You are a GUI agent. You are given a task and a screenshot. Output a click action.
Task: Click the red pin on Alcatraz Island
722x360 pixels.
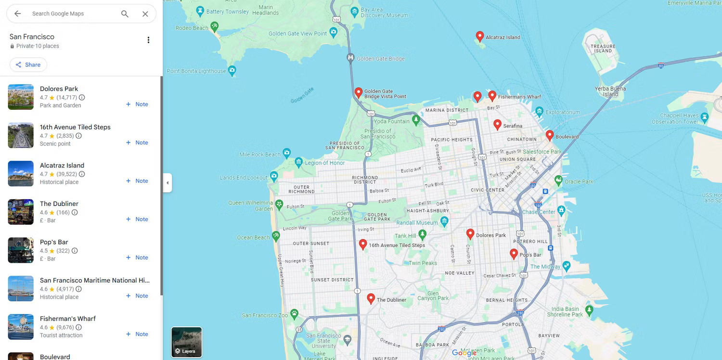pyautogui.click(x=479, y=36)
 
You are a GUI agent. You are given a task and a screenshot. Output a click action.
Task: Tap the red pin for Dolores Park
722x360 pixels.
pyautogui.click(x=470, y=234)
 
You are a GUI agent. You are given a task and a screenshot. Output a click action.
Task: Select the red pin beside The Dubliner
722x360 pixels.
pyautogui.click(x=371, y=298)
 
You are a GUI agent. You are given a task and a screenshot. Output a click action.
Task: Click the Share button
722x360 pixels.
pyautogui.click(x=28, y=65)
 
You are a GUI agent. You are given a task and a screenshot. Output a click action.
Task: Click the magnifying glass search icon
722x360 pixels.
pyautogui.click(x=125, y=14)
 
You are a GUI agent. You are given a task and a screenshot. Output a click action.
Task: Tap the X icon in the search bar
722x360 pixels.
pyautogui.click(x=145, y=14)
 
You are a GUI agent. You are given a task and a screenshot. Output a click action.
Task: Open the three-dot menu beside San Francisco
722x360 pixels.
pyautogui.click(x=148, y=40)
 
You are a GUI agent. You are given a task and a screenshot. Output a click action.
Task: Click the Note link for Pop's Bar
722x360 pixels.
pyautogui.click(x=137, y=257)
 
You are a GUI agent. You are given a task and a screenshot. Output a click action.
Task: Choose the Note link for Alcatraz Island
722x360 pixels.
pyautogui.click(x=137, y=181)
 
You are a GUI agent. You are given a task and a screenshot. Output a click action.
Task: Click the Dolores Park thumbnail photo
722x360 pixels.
pyautogui.click(x=21, y=97)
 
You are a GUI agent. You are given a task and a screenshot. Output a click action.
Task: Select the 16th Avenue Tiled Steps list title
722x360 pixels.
pyautogui.click(x=75, y=127)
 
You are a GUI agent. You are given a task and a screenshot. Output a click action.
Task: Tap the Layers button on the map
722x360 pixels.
pyautogui.click(x=186, y=342)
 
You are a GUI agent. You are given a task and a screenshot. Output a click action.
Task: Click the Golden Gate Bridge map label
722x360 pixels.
pyautogui.click(x=380, y=59)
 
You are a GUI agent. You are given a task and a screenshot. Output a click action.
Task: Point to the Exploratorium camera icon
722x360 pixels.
pyautogui.click(x=540, y=112)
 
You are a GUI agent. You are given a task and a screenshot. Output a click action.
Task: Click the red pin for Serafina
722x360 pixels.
pyautogui.click(x=497, y=125)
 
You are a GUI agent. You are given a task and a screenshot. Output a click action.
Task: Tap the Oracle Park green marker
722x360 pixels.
pyautogui.click(x=558, y=180)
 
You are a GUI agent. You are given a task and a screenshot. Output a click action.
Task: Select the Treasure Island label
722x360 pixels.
pyautogui.click(x=603, y=48)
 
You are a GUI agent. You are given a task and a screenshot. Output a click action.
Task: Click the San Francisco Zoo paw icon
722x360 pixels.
pyautogui.click(x=294, y=314)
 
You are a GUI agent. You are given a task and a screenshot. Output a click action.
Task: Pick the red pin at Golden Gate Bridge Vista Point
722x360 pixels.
pyautogui.click(x=358, y=92)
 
